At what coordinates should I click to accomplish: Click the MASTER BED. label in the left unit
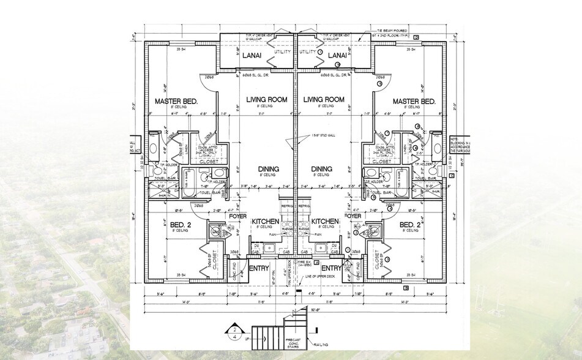coord(176,101)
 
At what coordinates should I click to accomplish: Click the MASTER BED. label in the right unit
coord(414,101)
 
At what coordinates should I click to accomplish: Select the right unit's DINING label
coord(321,169)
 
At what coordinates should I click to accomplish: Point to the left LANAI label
coord(252,56)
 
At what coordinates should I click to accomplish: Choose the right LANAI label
coord(337,56)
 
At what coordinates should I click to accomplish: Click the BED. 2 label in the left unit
coord(181,225)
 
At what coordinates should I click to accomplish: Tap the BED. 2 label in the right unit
coord(410,225)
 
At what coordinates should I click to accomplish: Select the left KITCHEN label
coord(265,220)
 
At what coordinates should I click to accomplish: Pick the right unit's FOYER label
coord(353,216)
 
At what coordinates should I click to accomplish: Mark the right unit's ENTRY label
coord(331,268)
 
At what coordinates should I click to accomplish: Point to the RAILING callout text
coord(324,345)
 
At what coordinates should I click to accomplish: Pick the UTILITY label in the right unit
coord(308,52)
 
